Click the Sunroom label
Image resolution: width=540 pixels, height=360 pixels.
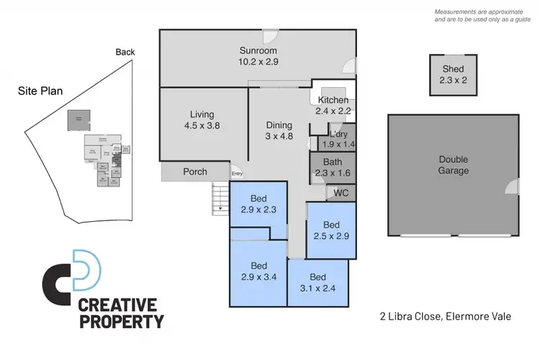[258, 50]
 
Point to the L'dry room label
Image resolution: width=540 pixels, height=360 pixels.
[338, 133]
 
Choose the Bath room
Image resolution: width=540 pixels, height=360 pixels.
[333, 168]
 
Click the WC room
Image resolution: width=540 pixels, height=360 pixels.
[342, 193]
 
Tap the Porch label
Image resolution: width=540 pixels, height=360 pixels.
[195, 171]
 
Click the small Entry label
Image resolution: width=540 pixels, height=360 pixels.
[237, 174]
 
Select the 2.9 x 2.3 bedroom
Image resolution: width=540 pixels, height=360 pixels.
[258, 204]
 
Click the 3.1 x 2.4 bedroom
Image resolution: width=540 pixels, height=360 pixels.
[318, 283]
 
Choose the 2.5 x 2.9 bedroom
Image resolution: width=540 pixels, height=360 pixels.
[331, 230]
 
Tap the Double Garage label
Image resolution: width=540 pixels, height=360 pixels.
[454, 165]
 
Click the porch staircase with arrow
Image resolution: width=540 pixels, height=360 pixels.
[219, 198]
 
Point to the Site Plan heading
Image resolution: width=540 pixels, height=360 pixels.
[42, 91]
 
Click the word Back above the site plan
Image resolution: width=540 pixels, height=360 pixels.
[125, 52]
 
